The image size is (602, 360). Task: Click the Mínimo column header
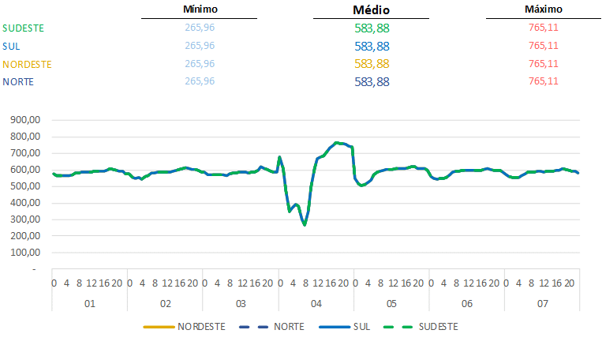(200, 9)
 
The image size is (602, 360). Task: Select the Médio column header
(371, 10)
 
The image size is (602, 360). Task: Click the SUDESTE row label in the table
(24, 28)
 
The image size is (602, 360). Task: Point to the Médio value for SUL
(372, 46)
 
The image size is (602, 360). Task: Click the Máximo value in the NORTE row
(544, 81)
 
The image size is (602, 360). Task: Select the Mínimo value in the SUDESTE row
(200, 28)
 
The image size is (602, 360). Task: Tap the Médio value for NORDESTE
(372, 64)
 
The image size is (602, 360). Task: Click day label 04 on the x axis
(316, 303)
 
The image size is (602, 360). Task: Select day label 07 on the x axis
(542, 303)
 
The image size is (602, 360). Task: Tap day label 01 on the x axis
(90, 303)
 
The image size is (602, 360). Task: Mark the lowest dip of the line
(305, 225)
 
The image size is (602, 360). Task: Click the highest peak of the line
(337, 143)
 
